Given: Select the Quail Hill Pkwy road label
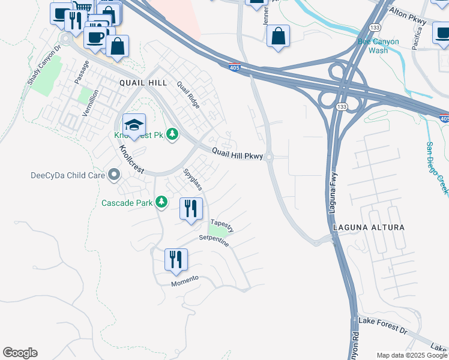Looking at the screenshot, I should (x=238, y=154).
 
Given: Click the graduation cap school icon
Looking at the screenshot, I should (x=134, y=126).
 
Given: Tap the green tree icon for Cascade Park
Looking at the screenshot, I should (x=161, y=203).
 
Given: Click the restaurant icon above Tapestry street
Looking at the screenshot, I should (x=191, y=209).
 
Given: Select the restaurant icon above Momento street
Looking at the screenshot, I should (x=176, y=260).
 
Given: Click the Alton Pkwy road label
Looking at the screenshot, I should (x=408, y=16).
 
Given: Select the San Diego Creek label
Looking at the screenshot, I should (x=438, y=168).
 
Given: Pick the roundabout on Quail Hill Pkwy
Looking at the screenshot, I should (x=269, y=158).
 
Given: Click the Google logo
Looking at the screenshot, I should (x=20, y=353).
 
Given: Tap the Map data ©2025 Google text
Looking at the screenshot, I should (x=412, y=355).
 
